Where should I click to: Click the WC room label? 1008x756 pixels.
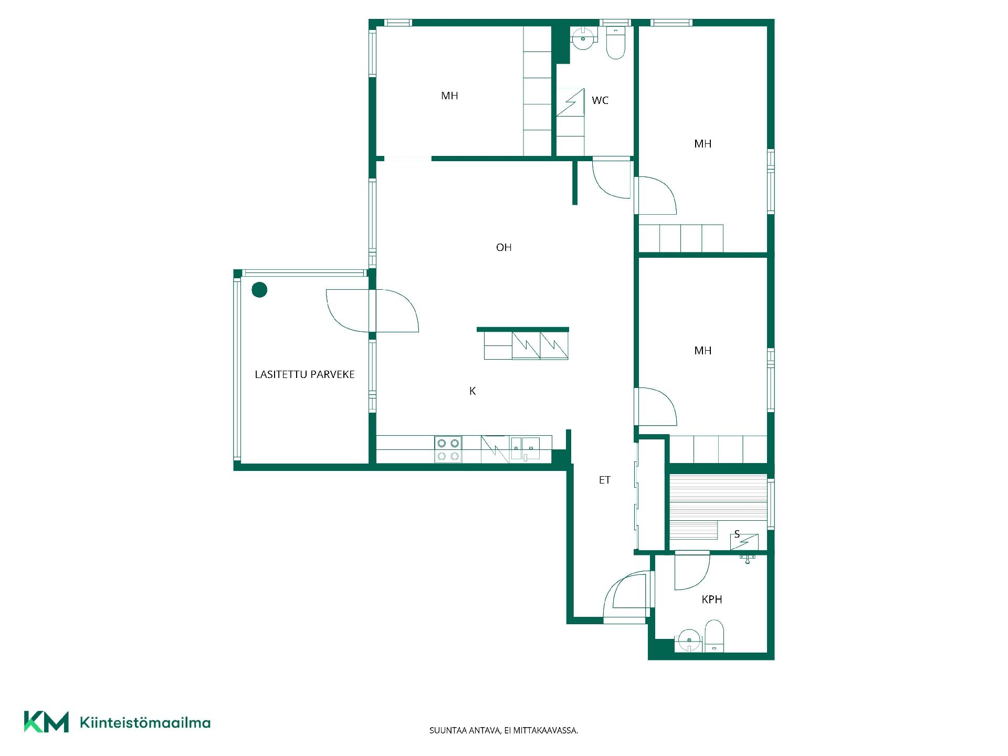point(600,100)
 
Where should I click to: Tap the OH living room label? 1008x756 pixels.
point(503,247)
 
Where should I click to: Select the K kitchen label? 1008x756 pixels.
point(472,391)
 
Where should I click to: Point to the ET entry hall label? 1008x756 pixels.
point(605,480)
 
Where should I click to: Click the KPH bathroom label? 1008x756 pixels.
point(712,599)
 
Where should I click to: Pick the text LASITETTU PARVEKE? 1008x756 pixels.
point(304,374)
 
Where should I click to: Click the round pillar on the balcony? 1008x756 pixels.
point(259,290)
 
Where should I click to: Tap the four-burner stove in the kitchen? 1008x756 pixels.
point(448,450)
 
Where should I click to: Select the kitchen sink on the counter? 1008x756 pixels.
point(525,449)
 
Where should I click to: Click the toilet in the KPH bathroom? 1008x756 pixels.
point(714,636)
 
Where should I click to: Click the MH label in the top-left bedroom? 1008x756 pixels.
point(449,96)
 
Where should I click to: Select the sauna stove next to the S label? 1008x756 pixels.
point(744,542)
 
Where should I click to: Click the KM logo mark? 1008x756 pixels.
point(46,722)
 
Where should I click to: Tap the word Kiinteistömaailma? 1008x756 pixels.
point(145,723)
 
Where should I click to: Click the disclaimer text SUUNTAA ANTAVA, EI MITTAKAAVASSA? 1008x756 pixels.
point(503,730)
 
